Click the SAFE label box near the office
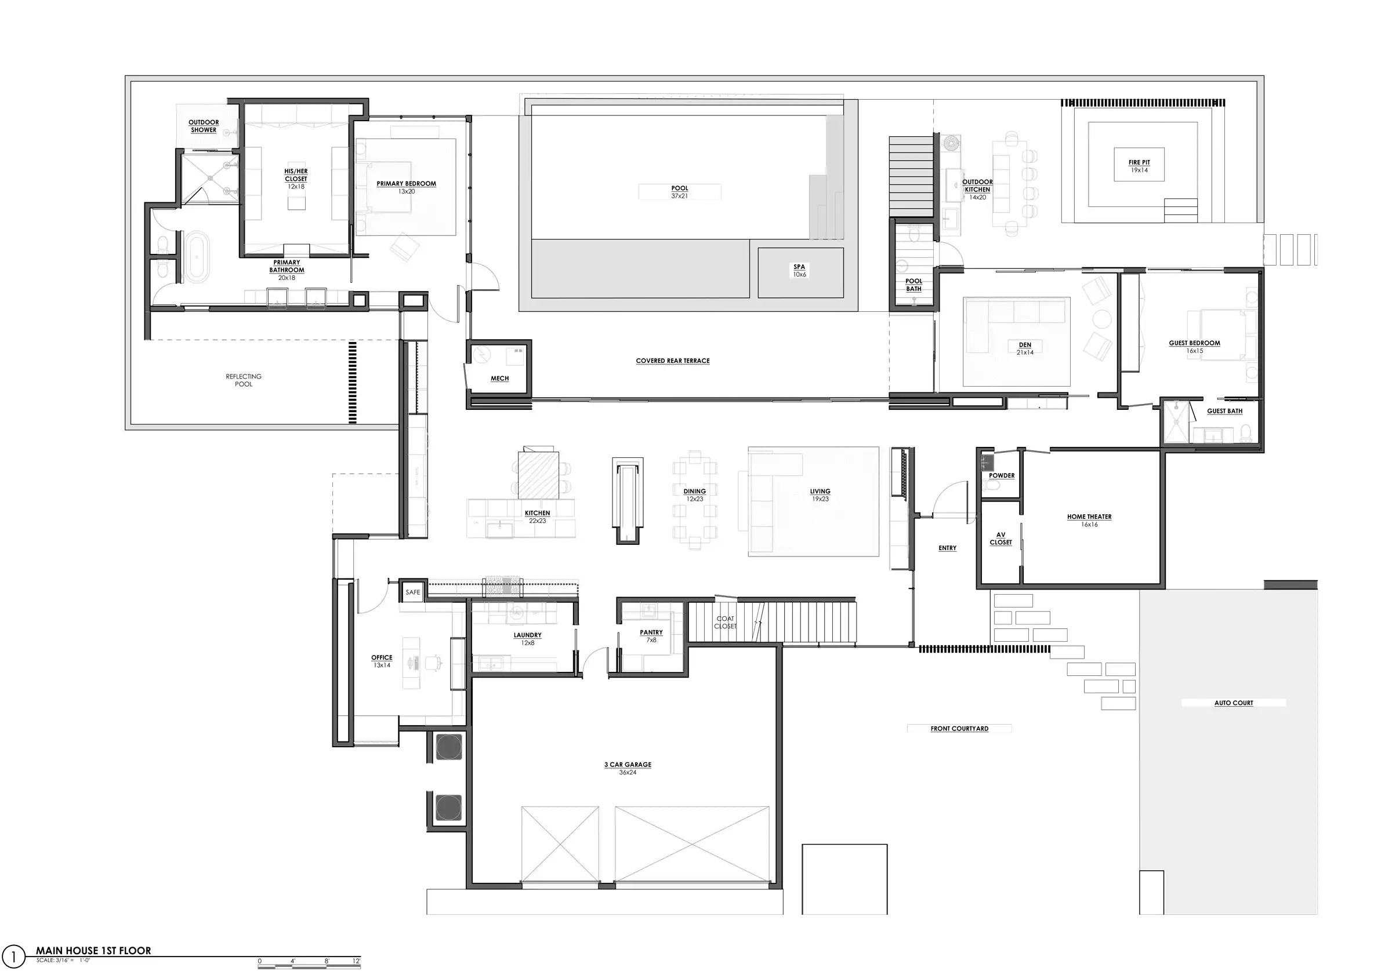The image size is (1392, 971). [413, 592]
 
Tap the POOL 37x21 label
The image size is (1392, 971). [680, 192]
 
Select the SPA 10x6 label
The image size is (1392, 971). [800, 270]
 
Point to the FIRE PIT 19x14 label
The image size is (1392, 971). [1139, 166]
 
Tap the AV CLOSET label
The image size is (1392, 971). [1001, 539]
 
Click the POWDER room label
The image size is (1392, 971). [1002, 476]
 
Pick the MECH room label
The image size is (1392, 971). [499, 378]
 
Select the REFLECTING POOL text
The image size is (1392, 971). [244, 380]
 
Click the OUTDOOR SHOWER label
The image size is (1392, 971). [204, 126]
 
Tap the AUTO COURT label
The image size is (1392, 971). [1234, 703]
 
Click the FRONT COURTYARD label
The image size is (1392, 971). [960, 729]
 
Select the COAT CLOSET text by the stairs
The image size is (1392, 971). [725, 623]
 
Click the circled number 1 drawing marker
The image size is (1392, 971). [13, 957]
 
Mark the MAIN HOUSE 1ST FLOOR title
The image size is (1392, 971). [93, 951]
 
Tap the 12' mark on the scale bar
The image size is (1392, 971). [357, 961]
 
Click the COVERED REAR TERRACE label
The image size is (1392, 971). [673, 361]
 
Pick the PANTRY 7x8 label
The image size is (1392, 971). [651, 636]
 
